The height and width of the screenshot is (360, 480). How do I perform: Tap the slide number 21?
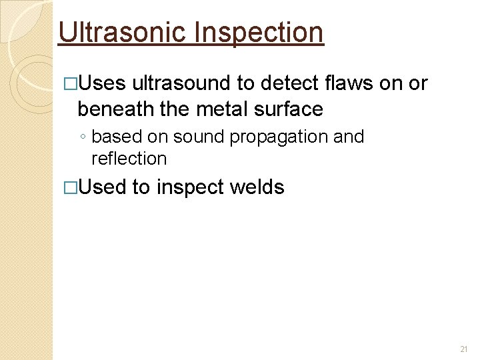pos(465,349)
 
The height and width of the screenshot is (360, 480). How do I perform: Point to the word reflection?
pos(129,159)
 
